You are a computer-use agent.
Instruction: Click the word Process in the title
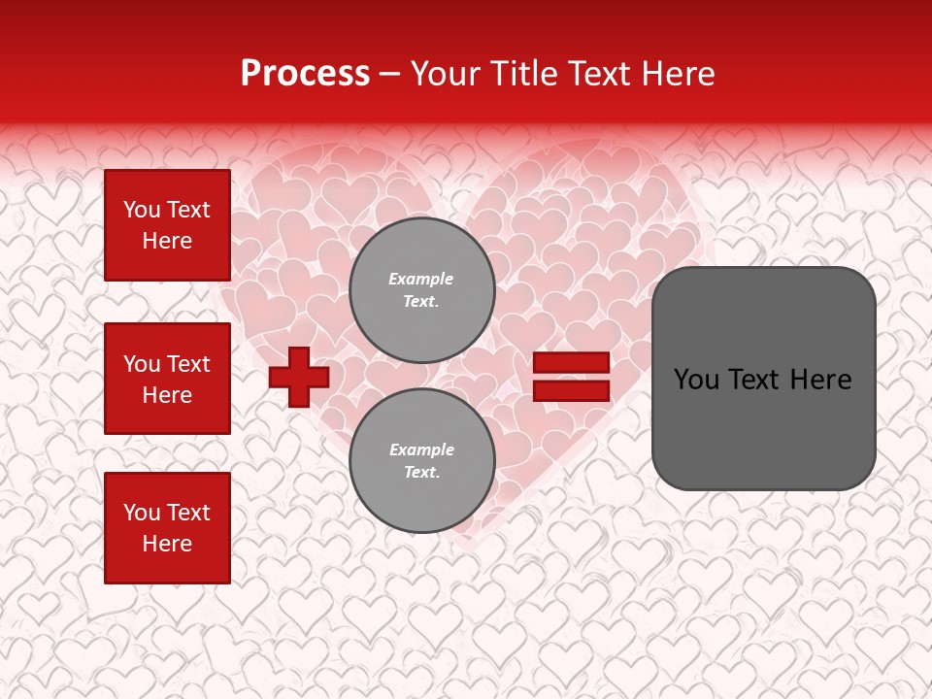[x=305, y=74]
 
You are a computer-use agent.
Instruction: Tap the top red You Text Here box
[x=167, y=225]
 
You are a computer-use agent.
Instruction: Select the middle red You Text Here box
[x=167, y=379]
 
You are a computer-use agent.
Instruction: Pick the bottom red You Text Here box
[x=167, y=528]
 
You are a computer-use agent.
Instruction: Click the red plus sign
[x=299, y=377]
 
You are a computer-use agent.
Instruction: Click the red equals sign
[x=572, y=377]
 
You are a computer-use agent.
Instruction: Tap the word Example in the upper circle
[x=421, y=279]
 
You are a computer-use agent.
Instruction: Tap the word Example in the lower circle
[x=421, y=449]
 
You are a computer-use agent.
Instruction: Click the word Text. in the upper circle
[x=421, y=301]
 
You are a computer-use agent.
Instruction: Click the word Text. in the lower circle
[x=421, y=472]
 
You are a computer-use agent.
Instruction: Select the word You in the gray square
[x=696, y=380]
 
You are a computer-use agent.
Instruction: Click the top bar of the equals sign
[x=572, y=362]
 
